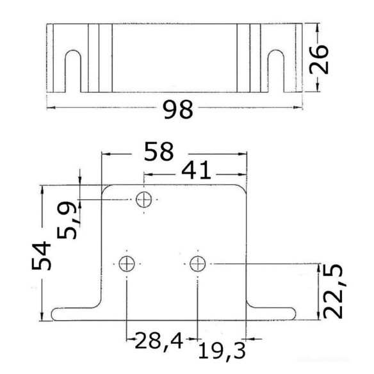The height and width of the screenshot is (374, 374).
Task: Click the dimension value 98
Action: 178,110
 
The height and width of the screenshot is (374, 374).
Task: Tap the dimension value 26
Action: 319,59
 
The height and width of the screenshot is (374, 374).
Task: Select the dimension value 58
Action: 159,152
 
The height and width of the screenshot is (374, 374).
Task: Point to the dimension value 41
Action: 196,170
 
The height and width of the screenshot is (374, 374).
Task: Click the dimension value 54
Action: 41,256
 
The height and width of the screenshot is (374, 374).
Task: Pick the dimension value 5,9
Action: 67,220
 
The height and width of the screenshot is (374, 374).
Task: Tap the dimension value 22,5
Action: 333,291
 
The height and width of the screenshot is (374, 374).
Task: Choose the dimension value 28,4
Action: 159,341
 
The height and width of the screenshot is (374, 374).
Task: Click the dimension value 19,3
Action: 222,351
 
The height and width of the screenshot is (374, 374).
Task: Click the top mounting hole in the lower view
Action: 144,200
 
